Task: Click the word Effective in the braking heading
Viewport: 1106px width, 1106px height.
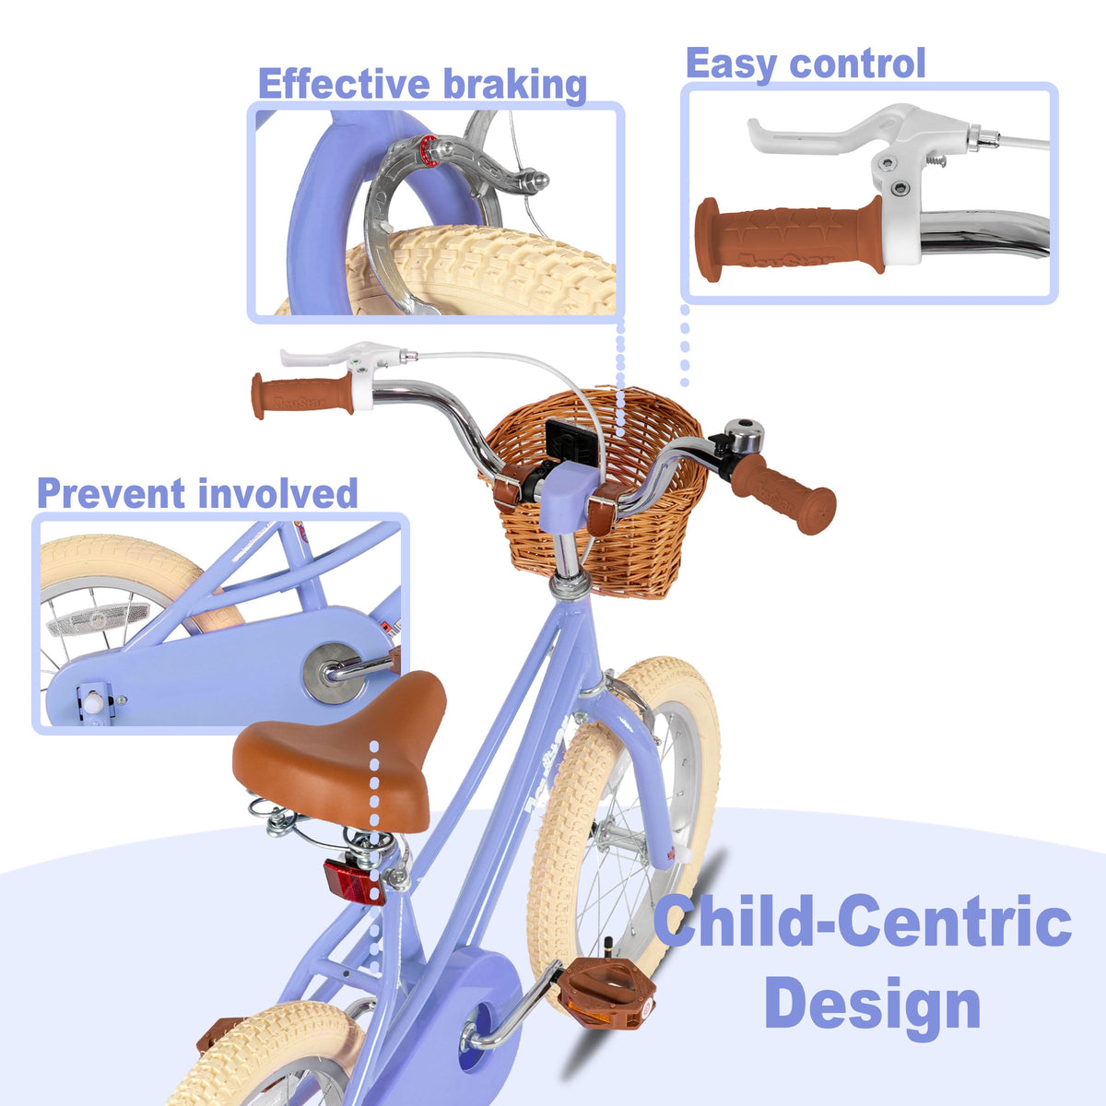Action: [343, 84]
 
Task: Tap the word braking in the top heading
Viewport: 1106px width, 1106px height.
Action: [515, 86]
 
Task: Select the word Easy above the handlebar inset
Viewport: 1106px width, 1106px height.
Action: [731, 65]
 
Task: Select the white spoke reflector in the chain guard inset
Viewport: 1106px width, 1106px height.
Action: [98, 618]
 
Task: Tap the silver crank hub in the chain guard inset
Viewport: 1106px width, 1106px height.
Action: [332, 673]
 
